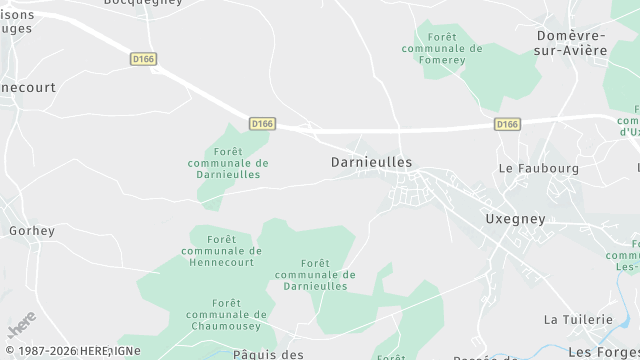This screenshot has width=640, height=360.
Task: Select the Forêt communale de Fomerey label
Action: (441, 48)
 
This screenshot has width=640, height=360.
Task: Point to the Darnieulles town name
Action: (371, 161)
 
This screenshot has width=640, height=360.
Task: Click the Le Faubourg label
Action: (538, 168)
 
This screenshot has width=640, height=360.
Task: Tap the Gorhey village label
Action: (31, 231)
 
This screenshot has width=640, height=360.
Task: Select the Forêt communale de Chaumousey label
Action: (222, 314)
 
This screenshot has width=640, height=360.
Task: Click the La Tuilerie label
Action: (577, 319)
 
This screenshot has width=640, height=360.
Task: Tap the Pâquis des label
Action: (267, 354)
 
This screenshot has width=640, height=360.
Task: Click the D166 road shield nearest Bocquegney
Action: (144, 60)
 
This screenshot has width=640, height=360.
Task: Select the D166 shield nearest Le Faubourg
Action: (507, 124)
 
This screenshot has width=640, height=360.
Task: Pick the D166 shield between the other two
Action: (262, 124)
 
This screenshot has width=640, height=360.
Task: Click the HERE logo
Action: (22, 325)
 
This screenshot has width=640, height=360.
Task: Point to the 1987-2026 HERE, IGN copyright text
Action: (70, 351)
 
